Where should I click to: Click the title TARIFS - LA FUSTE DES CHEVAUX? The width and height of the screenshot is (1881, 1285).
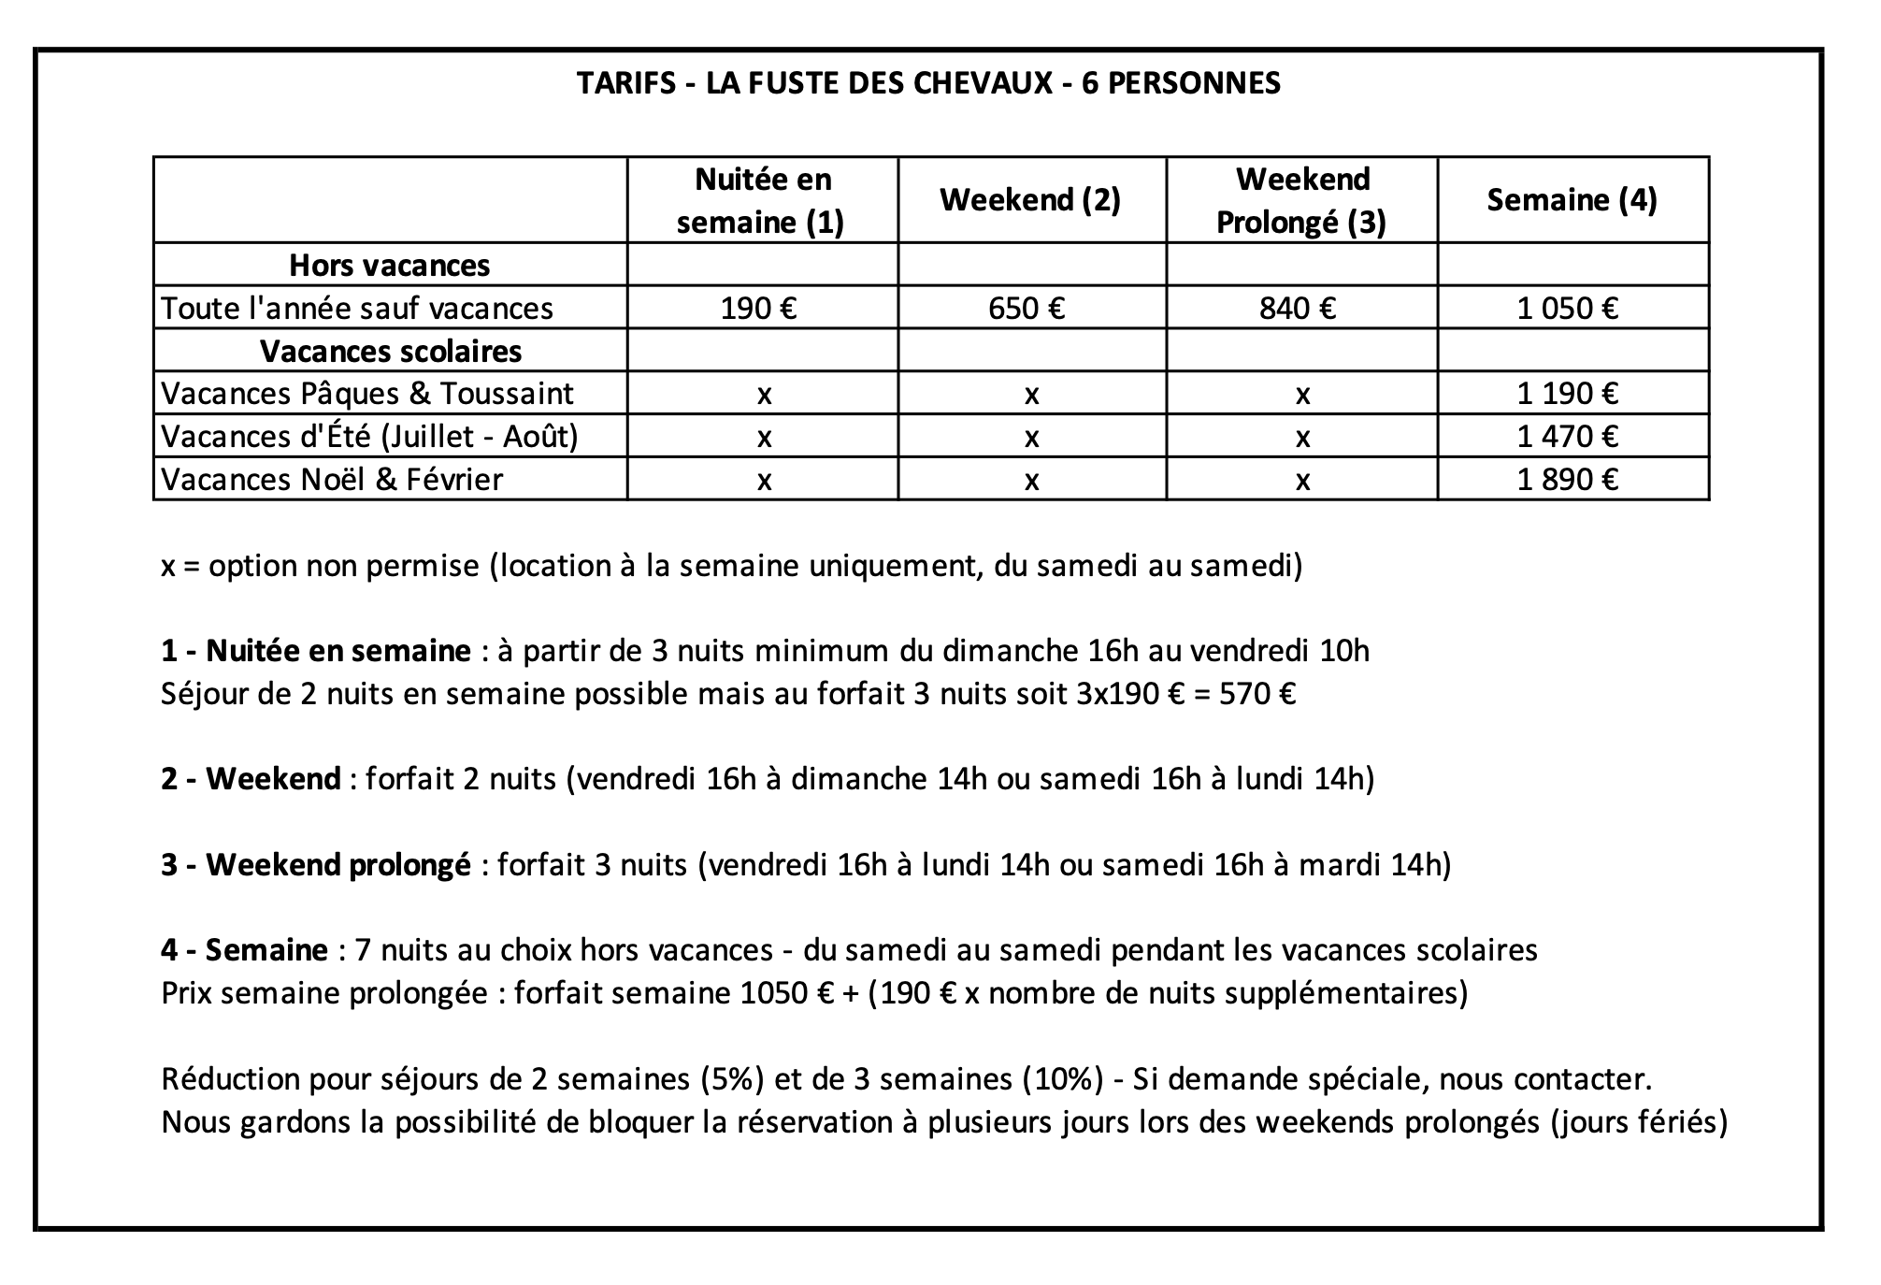click(928, 83)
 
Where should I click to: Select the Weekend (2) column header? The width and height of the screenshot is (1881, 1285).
click(1030, 200)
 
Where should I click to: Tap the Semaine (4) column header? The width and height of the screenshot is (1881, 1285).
click(1572, 200)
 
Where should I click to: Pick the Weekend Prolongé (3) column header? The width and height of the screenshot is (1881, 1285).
click(1301, 200)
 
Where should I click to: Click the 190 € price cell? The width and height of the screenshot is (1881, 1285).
click(758, 308)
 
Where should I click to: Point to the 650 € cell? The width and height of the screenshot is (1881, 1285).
click(1027, 308)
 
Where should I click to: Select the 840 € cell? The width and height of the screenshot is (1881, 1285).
click(1298, 308)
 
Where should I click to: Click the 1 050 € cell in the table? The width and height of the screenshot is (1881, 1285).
click(1568, 308)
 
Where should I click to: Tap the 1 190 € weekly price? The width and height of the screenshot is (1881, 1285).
click(1568, 394)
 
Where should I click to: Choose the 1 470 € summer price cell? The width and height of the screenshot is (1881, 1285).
click(1568, 437)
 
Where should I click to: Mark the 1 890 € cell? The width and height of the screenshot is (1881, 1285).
click(1568, 480)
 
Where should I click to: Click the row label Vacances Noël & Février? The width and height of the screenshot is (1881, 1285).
click(332, 480)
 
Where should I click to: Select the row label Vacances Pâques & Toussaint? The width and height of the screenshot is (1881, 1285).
click(366, 394)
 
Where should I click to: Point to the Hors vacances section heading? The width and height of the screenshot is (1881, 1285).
click(389, 266)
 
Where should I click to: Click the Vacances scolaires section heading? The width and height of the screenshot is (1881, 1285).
click(391, 352)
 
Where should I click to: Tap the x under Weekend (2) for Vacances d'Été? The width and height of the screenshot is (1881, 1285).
click(1031, 438)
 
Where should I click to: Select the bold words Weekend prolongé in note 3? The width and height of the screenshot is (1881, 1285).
click(337, 865)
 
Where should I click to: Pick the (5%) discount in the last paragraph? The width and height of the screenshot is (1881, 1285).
click(732, 1079)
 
